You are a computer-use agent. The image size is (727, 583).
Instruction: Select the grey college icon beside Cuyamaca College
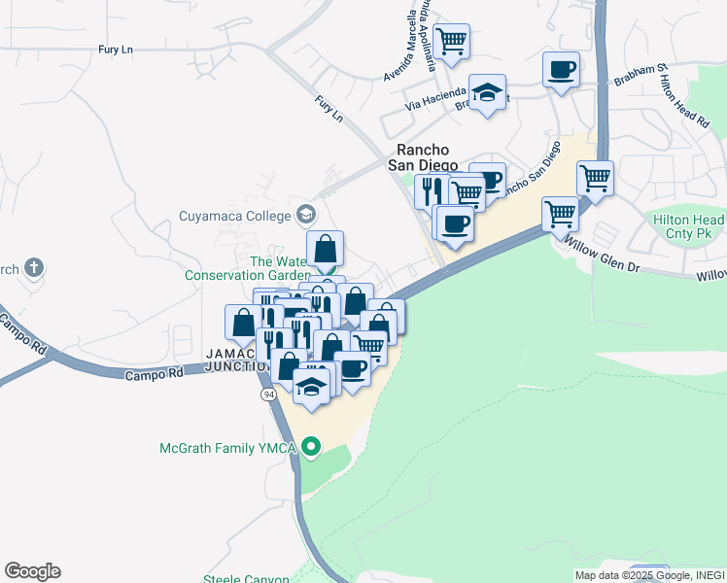306,214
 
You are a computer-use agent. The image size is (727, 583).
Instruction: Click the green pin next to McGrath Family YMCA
311,448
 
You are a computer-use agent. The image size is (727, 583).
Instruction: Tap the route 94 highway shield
266,394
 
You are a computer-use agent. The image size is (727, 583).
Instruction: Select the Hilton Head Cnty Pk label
690,227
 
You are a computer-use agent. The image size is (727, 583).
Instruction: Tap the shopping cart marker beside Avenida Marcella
452,41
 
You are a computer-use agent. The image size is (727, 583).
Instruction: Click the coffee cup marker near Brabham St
562,69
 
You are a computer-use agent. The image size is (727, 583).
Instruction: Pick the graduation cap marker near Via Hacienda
488,91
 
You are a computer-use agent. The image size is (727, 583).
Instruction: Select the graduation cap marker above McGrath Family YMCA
311,386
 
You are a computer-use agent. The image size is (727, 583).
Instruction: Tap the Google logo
32,571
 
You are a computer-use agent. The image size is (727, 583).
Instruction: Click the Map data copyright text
649,575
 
